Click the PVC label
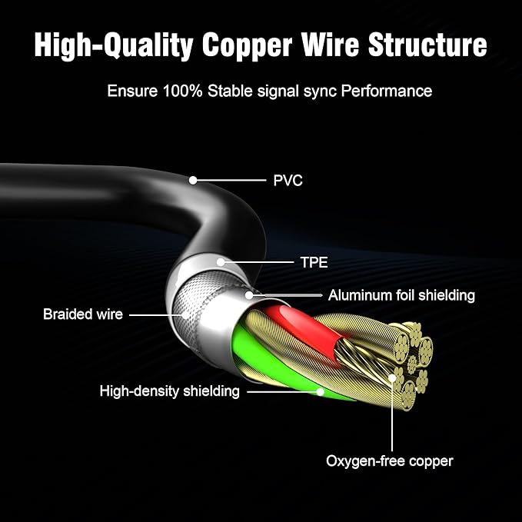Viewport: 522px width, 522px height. [x=288, y=181]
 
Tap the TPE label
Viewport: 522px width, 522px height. [x=314, y=262]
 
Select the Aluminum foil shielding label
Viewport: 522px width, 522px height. [x=401, y=295]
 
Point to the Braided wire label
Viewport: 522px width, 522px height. [x=83, y=314]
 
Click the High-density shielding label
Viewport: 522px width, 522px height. [x=169, y=391]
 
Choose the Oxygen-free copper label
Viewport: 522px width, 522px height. [x=390, y=461]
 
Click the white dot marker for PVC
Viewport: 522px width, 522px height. [x=193, y=180]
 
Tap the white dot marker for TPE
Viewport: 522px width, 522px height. [x=221, y=262]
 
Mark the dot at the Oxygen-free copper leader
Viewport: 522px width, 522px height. [x=392, y=377]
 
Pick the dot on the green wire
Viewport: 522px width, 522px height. [x=321, y=392]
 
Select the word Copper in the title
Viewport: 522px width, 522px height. [x=247, y=45]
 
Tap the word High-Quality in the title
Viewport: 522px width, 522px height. [x=114, y=45]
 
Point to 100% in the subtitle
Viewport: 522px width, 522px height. [x=182, y=91]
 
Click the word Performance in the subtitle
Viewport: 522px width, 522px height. [x=387, y=91]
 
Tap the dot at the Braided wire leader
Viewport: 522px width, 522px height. [x=185, y=315]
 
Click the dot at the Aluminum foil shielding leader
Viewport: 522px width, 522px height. [x=249, y=295]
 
